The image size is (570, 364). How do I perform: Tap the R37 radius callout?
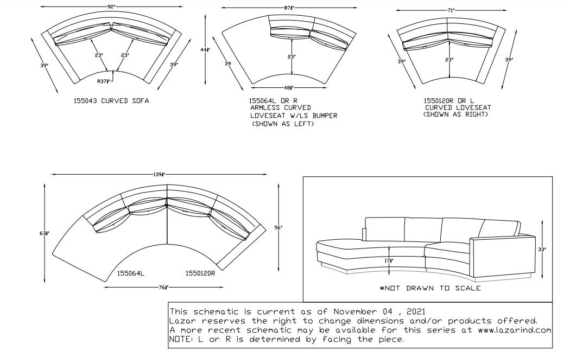(x=103, y=81)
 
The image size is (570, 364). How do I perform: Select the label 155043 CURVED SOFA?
(x=111, y=100)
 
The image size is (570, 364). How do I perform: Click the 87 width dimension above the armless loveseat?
(x=289, y=8)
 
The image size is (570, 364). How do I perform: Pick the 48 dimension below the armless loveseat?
(x=289, y=87)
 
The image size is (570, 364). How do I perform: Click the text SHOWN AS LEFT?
(x=283, y=124)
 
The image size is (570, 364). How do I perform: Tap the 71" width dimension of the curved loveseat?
(x=451, y=10)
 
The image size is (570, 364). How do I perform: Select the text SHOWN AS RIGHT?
(x=455, y=114)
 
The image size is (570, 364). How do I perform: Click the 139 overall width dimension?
(x=159, y=174)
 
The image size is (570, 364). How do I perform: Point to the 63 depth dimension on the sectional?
(x=44, y=233)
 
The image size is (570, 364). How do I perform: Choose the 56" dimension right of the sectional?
(x=278, y=227)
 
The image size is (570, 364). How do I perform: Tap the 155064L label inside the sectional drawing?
(x=130, y=273)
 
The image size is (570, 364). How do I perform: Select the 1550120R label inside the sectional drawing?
(x=200, y=273)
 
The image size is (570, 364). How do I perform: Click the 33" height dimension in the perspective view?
(x=542, y=249)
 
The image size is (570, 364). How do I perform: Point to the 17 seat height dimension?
(x=389, y=260)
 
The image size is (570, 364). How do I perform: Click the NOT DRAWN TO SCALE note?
(x=430, y=289)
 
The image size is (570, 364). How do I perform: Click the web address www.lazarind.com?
(x=511, y=330)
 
